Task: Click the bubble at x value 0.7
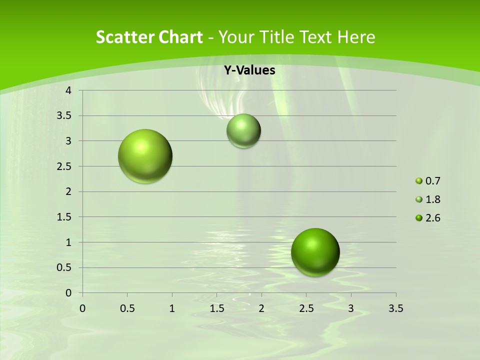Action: coord(145,156)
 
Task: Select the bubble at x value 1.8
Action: coord(243,130)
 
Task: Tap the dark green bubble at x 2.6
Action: coord(315,252)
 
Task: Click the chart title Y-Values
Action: coord(249,70)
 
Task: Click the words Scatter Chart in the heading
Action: coord(149,37)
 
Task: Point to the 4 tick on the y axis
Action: coord(69,90)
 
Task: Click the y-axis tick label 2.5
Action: coord(64,166)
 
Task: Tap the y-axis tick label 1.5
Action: coord(64,217)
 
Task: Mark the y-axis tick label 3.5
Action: coord(64,116)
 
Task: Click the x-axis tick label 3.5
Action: coord(395,308)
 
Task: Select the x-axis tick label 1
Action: coord(172,308)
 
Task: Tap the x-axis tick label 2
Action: coord(261,308)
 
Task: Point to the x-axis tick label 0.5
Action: coord(127,308)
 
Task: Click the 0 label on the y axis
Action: coord(69,293)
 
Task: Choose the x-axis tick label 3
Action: coord(351,308)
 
